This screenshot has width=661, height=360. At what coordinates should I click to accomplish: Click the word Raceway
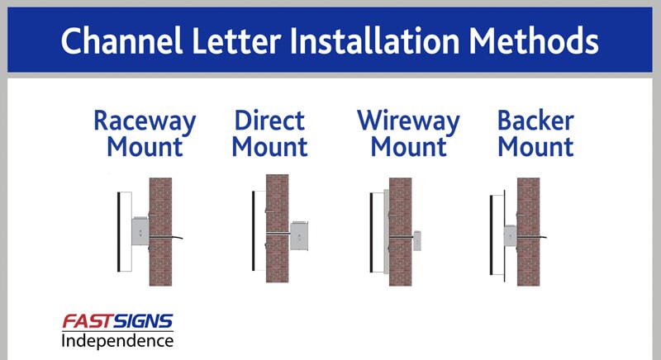coord(145,121)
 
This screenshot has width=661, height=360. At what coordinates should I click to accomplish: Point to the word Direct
coord(269,121)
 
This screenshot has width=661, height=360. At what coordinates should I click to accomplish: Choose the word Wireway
coord(408,121)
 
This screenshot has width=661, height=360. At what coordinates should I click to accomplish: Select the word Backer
coord(535,121)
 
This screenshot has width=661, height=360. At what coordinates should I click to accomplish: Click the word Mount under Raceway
coord(145,149)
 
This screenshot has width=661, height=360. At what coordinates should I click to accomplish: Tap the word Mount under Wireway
coord(408,149)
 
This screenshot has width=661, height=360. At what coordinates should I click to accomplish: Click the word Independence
coord(117,340)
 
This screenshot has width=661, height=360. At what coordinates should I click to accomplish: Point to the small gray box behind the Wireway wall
coord(417,239)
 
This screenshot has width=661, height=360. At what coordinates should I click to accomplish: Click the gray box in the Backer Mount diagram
coord(510,235)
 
